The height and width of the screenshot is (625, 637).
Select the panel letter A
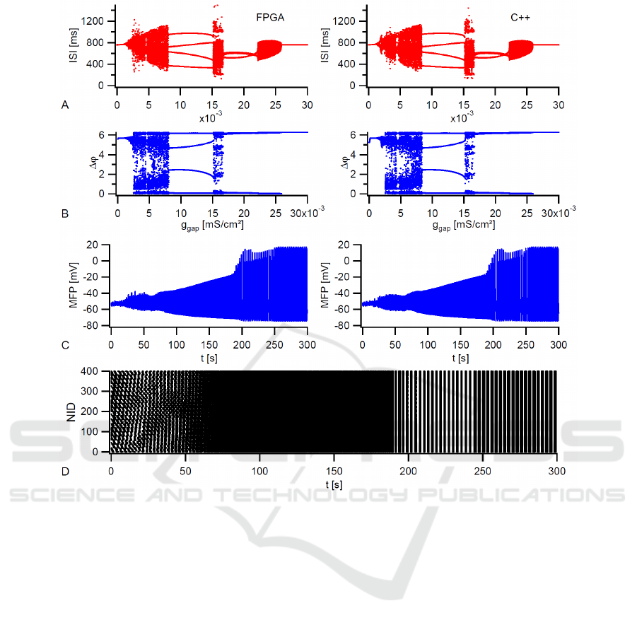click(66, 105)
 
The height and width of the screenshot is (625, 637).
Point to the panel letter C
click(66, 346)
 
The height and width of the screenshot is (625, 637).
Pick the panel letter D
click(66, 470)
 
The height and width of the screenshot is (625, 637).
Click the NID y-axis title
click(71, 411)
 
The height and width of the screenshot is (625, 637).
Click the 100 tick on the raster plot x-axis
click(259, 470)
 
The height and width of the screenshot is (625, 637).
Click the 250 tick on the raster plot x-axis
click(483, 470)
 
